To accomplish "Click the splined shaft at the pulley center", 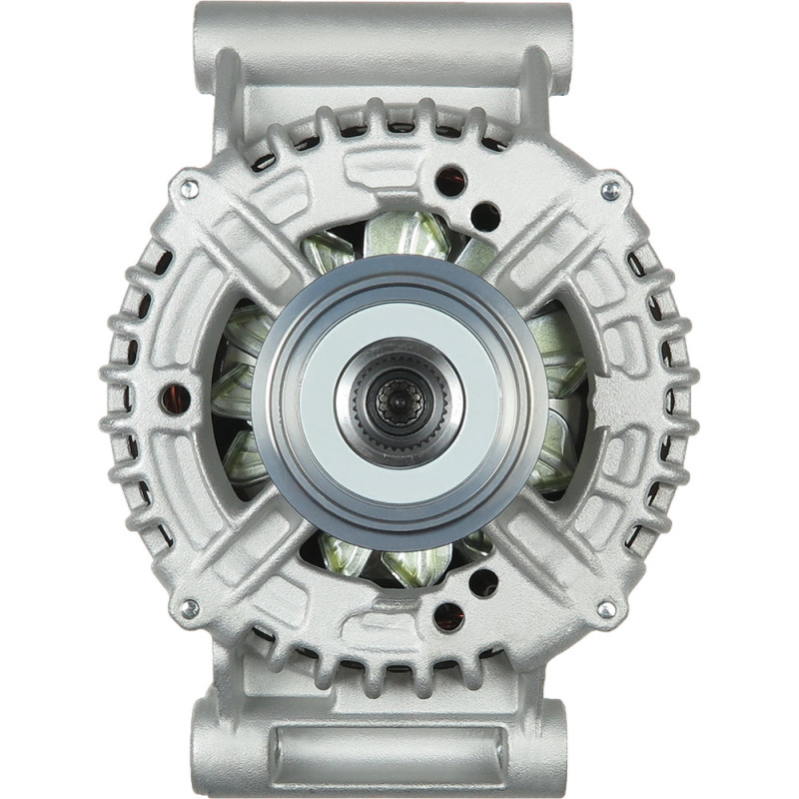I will pyautogui.click(x=399, y=399).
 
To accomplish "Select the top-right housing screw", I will pyautogui.click(x=609, y=189).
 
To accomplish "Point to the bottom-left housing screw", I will pyautogui.click(x=188, y=608).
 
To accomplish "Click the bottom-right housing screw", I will pyautogui.click(x=606, y=608).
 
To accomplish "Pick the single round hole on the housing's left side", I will pyautogui.click(x=177, y=399).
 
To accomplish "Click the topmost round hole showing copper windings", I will pyautogui.click(x=450, y=181).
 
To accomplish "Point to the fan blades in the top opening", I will pyautogui.click(x=399, y=240).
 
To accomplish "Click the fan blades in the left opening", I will pyautogui.click(x=238, y=399).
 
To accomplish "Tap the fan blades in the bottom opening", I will pyautogui.click(x=399, y=561).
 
